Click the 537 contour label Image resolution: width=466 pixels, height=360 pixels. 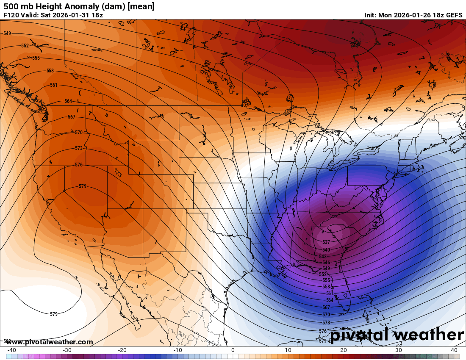tap(326, 242)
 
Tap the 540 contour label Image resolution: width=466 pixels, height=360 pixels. tap(326, 250)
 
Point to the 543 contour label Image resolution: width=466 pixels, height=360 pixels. tap(323, 257)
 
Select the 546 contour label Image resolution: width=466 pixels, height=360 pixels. tap(326, 263)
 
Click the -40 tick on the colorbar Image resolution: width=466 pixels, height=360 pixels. tap(12, 350)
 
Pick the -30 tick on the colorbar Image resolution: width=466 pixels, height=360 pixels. tap(67, 350)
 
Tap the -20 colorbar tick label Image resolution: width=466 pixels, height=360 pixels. tap(122, 350)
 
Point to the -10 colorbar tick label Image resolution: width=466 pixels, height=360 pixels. tap(178, 350)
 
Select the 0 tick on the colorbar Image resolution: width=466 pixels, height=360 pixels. tap(233, 350)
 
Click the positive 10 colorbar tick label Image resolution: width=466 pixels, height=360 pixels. tap(288, 350)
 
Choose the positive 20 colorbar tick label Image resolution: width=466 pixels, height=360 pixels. tap(343, 350)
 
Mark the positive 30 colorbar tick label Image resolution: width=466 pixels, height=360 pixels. tap(399, 350)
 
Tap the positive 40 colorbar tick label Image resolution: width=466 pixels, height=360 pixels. tap(454, 350)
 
